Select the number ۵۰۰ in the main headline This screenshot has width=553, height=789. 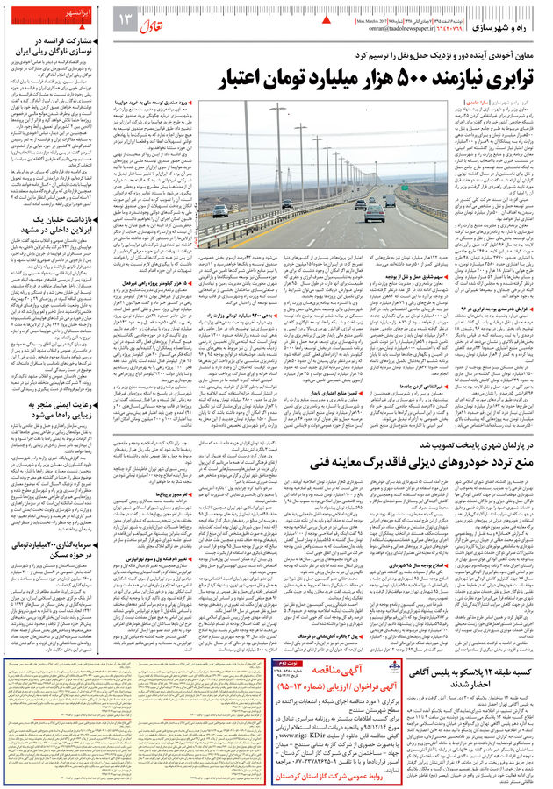[x=343, y=76]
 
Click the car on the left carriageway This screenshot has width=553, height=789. [x=220, y=210]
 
